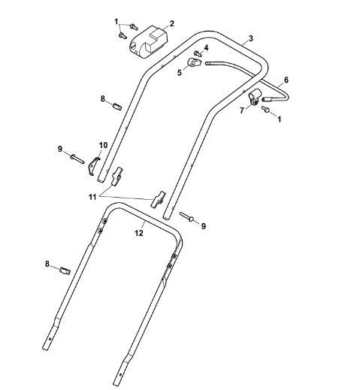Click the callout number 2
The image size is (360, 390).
[x=171, y=24]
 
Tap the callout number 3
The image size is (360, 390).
[x=251, y=38]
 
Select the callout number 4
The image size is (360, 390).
[x=206, y=48]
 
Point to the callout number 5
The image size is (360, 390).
[x=180, y=73]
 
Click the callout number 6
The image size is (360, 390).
[x=286, y=80]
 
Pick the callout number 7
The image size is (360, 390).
[x=242, y=110]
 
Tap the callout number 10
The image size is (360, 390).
[x=103, y=145]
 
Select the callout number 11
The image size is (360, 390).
[x=92, y=197]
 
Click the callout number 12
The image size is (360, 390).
[x=139, y=233]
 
